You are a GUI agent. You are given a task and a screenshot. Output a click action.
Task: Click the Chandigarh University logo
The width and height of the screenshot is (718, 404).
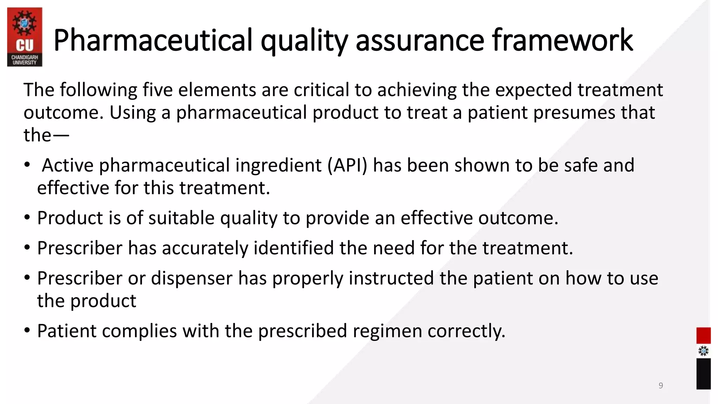[25, 37]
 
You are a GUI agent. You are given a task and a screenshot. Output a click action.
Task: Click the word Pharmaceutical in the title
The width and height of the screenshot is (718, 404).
[153, 40]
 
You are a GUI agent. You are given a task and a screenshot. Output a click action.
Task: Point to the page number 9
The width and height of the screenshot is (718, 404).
[661, 385]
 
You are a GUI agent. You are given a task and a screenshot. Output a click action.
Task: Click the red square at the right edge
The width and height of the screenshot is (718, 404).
[703, 335]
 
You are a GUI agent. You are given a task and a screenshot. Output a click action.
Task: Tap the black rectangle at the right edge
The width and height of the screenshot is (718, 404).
[703, 373]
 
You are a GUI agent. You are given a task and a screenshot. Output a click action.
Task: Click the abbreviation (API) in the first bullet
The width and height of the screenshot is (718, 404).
[347, 165]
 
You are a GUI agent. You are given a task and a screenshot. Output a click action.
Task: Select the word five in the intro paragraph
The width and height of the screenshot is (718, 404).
[157, 90]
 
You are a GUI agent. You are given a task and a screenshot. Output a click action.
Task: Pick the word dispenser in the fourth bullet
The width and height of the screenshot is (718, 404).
[192, 278]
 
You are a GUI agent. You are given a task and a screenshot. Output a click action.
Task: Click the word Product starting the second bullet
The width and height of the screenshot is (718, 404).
[70, 218]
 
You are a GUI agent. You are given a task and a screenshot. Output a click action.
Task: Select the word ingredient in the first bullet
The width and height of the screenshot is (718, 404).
[278, 165]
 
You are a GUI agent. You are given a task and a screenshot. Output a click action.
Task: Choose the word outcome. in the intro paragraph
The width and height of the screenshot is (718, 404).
[63, 113]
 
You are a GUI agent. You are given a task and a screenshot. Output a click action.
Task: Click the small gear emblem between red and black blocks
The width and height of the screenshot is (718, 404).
[703, 351]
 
